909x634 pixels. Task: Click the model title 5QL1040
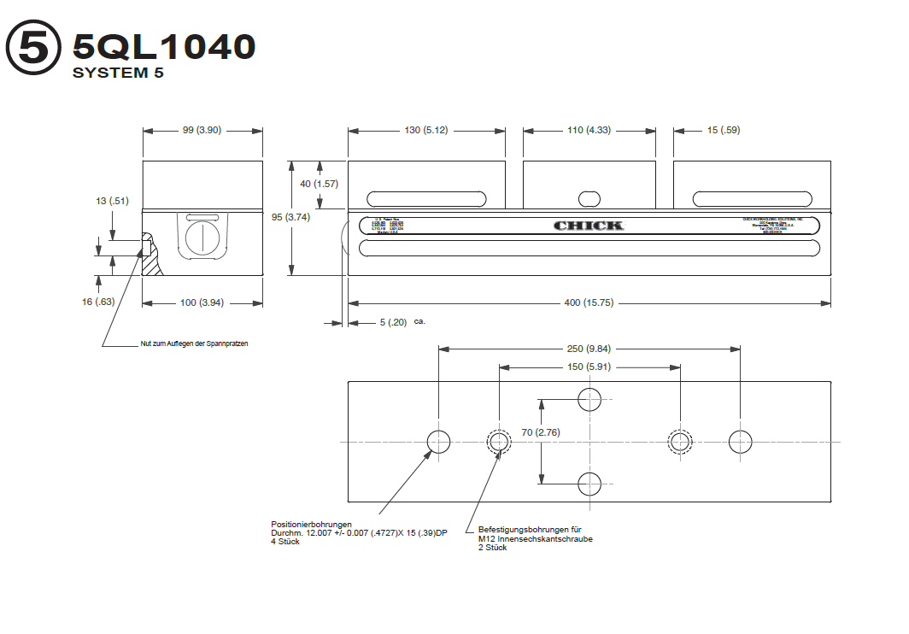164,46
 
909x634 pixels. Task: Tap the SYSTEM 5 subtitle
118,73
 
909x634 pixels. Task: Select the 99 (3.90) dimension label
202,130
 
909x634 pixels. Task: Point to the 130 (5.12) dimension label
426,130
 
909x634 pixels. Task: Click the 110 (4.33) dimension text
589,130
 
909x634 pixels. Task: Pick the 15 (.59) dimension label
723,130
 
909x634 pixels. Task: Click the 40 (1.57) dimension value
320,184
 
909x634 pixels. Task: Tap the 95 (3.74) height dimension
290,217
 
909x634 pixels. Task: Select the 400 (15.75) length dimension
589,303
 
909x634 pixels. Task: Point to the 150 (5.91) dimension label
589,367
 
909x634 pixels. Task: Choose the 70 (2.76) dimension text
541,432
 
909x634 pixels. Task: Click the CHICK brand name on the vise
589,226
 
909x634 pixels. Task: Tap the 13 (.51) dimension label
112,201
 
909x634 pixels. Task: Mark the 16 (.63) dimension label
100,302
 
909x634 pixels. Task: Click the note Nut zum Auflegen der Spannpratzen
194,343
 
